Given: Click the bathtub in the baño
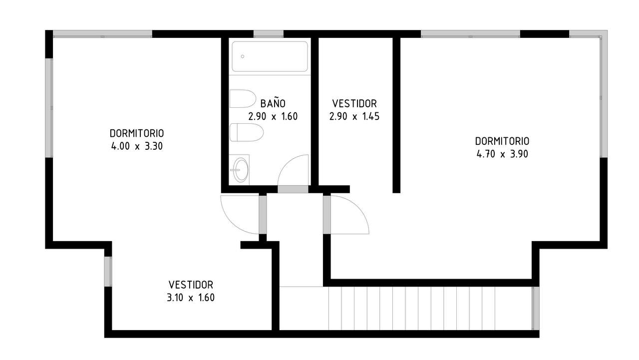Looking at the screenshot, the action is (270, 56).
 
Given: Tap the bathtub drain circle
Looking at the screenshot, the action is (243, 56).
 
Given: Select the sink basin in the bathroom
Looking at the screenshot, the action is (241, 170).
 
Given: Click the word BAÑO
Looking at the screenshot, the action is (273, 103).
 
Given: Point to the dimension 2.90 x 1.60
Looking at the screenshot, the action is (273, 116).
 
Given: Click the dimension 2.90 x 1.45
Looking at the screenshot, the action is (354, 116).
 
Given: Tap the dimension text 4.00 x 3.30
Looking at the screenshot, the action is (137, 146).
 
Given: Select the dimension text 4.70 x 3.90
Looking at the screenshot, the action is (502, 154).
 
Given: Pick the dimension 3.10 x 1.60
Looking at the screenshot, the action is (191, 298).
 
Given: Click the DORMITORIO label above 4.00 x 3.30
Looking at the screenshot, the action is (137, 133).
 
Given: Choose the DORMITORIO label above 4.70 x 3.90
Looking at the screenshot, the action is (502, 141).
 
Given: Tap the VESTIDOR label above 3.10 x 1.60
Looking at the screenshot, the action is (191, 285).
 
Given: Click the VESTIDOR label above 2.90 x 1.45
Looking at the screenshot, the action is (354, 103).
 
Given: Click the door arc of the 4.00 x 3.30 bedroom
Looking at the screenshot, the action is (231, 223).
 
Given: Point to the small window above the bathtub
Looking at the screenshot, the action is (269, 34).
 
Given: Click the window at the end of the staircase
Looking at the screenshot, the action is (536, 309).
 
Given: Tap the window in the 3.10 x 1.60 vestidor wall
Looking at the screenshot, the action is (108, 271).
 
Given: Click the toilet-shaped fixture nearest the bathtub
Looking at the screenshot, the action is (243, 99).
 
